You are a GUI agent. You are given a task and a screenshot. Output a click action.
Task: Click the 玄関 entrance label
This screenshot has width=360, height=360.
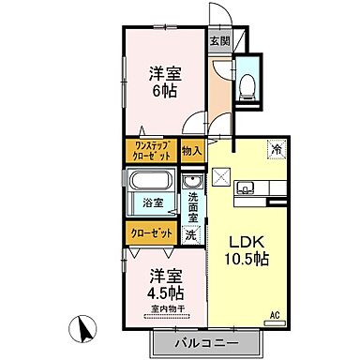pos(218,41)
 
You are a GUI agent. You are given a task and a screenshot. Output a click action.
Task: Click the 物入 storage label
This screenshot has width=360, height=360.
pos(191,151)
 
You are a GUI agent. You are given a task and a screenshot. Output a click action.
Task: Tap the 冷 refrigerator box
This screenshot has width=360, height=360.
pos(277,148)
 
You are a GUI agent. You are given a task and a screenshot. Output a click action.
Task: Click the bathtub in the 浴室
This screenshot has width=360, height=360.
pos(153,183)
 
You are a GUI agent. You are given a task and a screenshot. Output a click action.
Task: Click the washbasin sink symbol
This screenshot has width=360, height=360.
pos(194,182)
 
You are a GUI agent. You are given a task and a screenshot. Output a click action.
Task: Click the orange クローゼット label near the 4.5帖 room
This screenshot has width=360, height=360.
pos(147,232)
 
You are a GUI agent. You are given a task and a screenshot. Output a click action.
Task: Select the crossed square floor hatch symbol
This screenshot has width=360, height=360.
pos(223,175)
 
